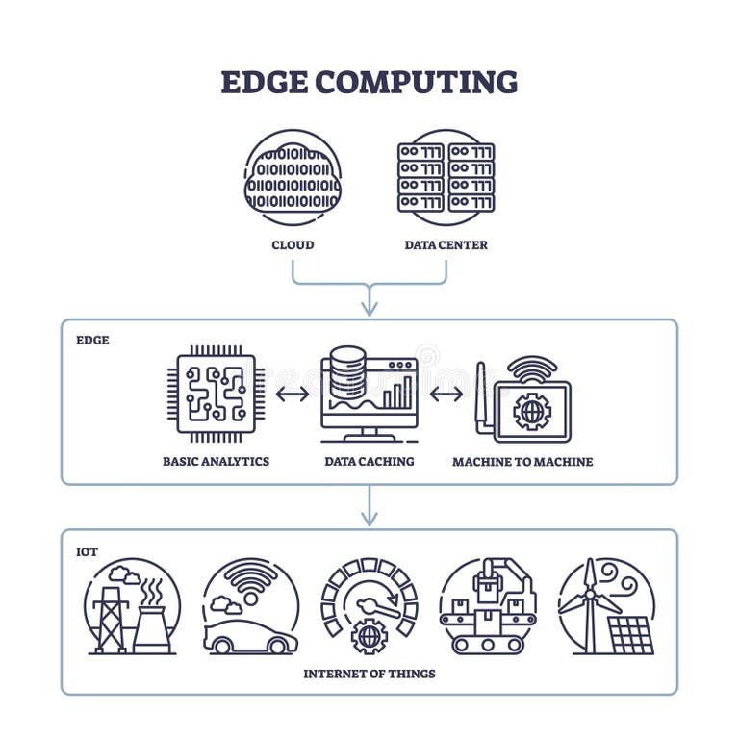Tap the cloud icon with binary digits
(293, 178)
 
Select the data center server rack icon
(446, 177)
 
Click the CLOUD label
(293, 245)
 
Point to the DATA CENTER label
(446, 245)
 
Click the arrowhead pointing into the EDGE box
(369, 308)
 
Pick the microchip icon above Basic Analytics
(217, 393)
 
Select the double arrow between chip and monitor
(293, 394)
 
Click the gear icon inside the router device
(531, 411)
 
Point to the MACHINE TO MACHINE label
(522, 462)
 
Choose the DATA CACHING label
(369, 462)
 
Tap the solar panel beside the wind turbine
(631, 635)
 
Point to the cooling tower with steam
(152, 625)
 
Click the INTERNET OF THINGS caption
(369, 674)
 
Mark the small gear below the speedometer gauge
(369, 636)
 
